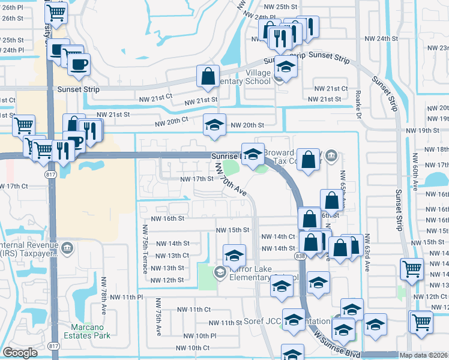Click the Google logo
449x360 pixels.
pos(20,352)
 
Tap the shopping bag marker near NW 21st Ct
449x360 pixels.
pos(208,77)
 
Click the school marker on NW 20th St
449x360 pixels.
pos(214,125)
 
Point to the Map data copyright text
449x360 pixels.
pos(424,355)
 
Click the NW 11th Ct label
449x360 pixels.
pos(193,309)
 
